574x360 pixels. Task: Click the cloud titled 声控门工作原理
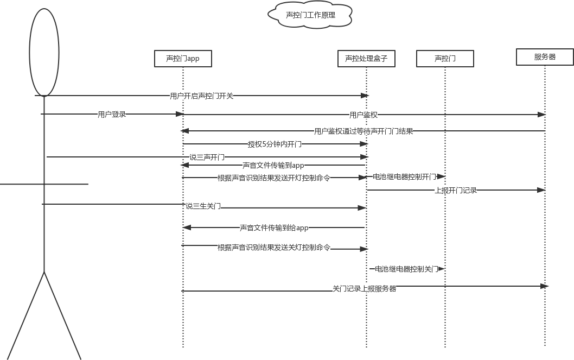tap(310, 15)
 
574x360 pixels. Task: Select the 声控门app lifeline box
tap(182, 59)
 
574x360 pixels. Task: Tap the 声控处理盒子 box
tap(366, 59)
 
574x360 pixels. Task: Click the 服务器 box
tap(545, 56)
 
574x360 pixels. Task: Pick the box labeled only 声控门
tap(445, 59)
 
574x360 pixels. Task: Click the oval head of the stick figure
tap(44, 52)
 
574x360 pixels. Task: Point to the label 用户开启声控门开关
tap(201, 96)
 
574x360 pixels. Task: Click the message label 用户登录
tap(112, 115)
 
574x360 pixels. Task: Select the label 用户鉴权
tap(363, 115)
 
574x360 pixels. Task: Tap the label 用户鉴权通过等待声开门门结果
tap(363, 131)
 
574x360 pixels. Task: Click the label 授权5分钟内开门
tap(275, 144)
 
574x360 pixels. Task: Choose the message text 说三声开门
tap(207, 157)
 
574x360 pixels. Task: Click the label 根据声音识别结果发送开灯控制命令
tap(274, 178)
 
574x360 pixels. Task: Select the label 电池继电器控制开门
tap(405, 177)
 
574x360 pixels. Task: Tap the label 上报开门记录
tap(456, 190)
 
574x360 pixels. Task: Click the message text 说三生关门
tap(203, 206)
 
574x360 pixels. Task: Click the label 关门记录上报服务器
tap(364, 289)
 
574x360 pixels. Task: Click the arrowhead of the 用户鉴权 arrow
tap(541, 115)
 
